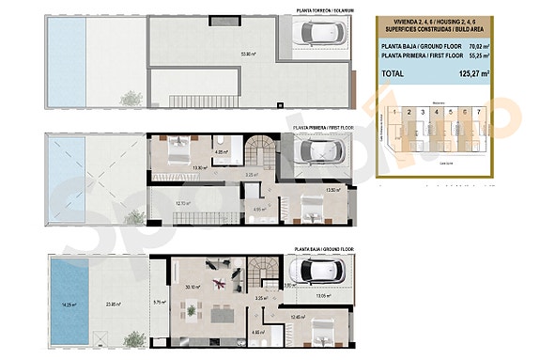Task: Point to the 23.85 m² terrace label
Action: coord(114,304)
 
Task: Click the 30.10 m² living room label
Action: coord(193,288)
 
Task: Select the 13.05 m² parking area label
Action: coord(325,296)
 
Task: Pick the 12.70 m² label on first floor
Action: coord(184,202)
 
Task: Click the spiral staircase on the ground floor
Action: coord(266,271)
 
